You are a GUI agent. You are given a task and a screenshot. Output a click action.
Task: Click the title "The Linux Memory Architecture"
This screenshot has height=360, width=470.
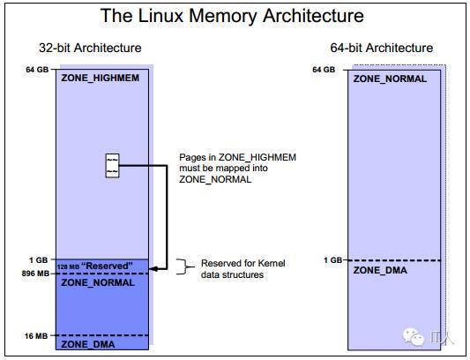click(232, 16)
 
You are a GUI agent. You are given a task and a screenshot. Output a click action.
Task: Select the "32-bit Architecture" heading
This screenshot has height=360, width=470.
click(90, 48)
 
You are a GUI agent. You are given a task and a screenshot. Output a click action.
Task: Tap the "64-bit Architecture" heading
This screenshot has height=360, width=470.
click(382, 48)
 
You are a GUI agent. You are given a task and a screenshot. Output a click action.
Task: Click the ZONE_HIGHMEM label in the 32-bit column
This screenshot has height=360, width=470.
click(101, 78)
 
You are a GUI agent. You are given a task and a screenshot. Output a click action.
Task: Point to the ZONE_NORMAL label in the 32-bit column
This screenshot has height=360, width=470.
click(98, 282)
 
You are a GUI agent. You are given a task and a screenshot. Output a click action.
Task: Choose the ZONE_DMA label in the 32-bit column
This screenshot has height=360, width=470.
click(88, 344)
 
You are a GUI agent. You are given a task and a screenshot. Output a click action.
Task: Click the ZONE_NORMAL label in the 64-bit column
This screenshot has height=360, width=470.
click(390, 79)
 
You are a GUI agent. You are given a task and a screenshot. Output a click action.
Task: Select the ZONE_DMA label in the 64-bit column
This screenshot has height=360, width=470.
click(380, 270)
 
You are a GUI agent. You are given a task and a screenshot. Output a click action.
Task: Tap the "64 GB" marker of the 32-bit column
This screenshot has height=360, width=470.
click(37, 70)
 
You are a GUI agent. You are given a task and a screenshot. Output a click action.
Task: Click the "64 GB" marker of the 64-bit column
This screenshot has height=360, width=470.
click(324, 70)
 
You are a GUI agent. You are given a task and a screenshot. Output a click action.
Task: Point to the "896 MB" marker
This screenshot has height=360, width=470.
click(35, 274)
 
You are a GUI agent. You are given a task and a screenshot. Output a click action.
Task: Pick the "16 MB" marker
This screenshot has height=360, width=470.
click(36, 336)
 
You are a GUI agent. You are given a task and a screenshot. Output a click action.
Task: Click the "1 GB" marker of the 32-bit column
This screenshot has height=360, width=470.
click(39, 260)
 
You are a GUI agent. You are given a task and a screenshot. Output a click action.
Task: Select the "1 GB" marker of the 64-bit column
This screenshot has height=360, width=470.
click(332, 260)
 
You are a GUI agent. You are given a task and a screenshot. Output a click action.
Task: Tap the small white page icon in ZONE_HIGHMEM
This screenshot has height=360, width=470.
click(112, 166)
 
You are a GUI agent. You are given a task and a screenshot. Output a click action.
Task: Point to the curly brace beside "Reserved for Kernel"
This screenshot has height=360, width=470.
click(184, 266)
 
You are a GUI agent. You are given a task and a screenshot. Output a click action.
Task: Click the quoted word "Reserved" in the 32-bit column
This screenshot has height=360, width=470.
click(107, 266)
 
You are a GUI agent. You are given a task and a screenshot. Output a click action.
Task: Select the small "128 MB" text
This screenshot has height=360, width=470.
click(69, 266)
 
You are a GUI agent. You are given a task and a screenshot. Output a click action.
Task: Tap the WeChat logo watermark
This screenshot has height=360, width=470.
click(414, 336)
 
